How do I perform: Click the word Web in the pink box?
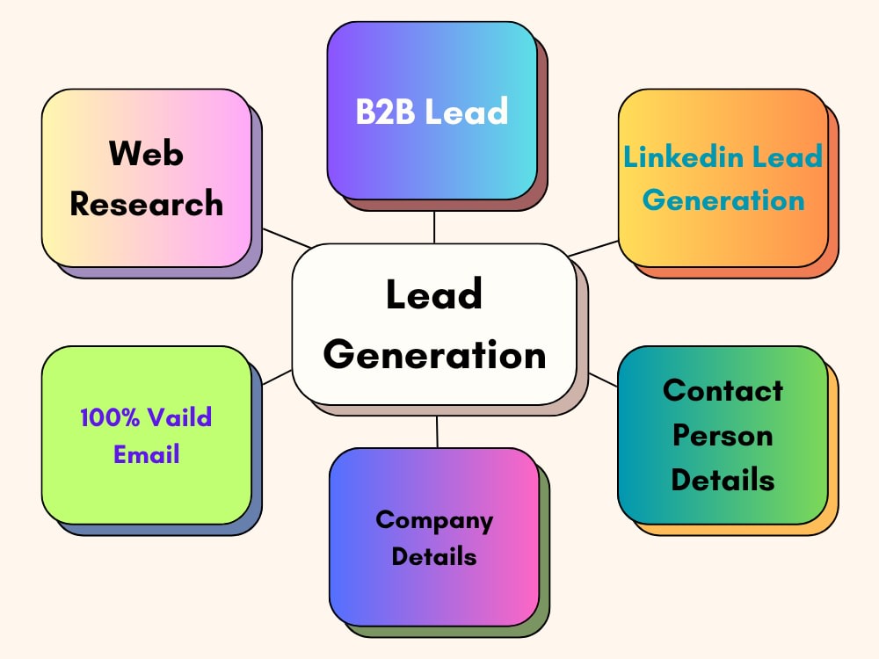pos(146,153)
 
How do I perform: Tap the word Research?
pos(146,203)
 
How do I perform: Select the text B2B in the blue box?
pos(386,111)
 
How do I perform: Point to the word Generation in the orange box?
pos(723,200)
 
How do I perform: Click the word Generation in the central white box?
pos(434,355)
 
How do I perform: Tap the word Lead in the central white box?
pos(434,293)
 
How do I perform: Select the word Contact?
pos(723,390)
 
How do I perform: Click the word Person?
pos(723,435)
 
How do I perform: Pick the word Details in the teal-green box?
pos(723,480)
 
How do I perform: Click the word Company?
pos(434,521)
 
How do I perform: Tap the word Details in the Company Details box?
pos(434,556)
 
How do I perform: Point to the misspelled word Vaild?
pos(179,417)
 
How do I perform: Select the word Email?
pos(146,454)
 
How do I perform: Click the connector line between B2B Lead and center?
pos(434,228)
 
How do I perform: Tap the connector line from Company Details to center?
pos(437,432)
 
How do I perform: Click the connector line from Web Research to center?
pos(287,238)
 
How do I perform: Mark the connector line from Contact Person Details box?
pos(603,380)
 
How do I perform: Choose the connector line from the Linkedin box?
pos(593,249)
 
